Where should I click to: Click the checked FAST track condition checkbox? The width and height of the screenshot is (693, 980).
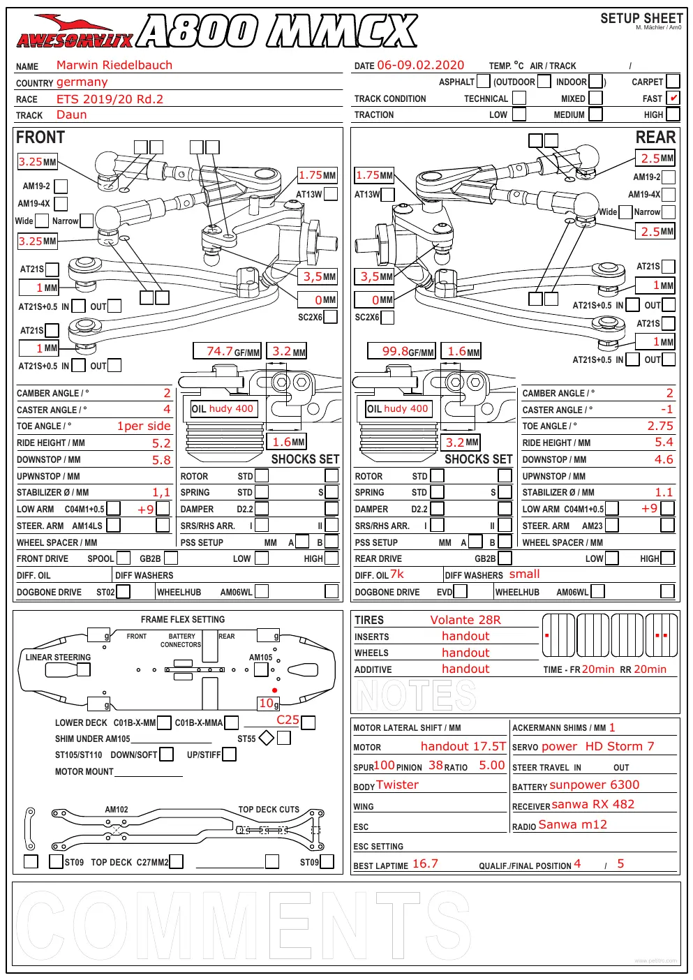click(x=673, y=98)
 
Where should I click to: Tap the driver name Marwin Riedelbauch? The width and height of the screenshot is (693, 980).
click(x=114, y=65)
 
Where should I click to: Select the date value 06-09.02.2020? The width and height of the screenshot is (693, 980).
click(x=420, y=65)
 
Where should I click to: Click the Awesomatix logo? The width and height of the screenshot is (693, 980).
click(x=75, y=32)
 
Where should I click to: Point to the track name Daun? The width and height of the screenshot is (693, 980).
click(x=71, y=114)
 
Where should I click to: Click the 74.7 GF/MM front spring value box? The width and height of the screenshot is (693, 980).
click(x=227, y=351)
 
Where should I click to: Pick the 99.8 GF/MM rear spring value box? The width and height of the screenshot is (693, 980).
click(x=401, y=351)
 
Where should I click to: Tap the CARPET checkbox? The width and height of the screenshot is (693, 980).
click(x=673, y=82)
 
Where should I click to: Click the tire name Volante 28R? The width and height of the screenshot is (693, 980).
click(x=465, y=620)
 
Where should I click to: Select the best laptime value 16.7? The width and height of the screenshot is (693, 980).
click(x=425, y=863)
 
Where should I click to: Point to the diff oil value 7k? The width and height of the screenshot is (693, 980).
click(x=397, y=574)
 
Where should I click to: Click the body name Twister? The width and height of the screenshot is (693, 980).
click(x=397, y=785)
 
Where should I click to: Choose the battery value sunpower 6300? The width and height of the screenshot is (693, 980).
click(x=594, y=785)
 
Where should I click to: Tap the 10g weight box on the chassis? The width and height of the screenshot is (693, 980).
click(x=269, y=703)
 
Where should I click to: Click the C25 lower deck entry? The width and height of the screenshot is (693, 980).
click(x=288, y=720)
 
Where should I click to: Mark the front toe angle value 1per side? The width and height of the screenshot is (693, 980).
click(x=144, y=426)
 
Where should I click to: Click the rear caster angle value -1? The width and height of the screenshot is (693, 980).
click(x=666, y=410)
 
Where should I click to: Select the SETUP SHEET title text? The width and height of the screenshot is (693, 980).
click(x=641, y=18)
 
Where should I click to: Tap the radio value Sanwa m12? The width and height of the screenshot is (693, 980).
click(x=572, y=824)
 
